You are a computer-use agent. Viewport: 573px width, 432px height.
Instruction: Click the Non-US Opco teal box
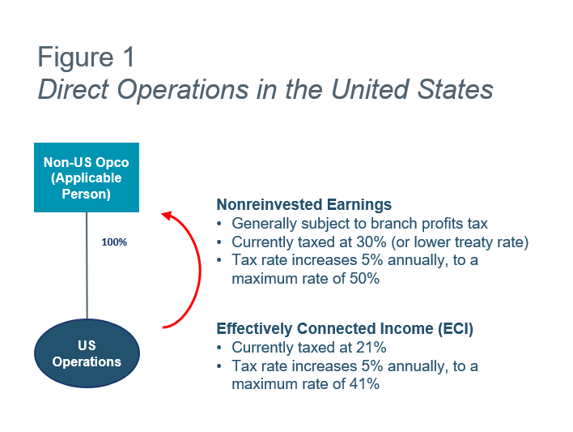87,178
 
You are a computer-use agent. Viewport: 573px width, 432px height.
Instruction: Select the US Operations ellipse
87,353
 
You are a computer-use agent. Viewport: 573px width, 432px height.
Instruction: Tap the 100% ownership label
114,242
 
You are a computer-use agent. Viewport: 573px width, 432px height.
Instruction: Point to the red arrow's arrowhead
167,216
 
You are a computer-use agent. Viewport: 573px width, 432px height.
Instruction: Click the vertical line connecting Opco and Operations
87,265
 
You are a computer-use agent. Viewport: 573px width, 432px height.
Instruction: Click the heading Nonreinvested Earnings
304,204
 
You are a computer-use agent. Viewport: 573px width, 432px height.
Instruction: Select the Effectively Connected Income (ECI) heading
345,328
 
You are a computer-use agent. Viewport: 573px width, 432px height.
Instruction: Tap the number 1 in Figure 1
129,57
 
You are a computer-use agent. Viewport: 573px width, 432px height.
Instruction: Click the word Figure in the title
75,58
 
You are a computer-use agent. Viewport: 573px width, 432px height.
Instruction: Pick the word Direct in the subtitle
74,89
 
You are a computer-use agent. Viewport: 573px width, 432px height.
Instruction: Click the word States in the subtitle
455,89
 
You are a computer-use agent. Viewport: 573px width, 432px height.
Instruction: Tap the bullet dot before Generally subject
219,224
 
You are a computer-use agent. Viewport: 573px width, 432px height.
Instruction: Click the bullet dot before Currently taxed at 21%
219,348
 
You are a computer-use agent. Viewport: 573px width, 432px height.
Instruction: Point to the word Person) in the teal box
87,194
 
